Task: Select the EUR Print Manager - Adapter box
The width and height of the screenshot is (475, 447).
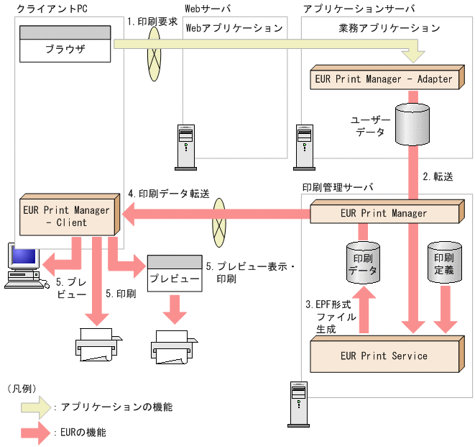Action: coord(384,78)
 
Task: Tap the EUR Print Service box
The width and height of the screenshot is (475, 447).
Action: coord(384,356)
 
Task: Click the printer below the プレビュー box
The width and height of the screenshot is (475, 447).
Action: coord(172,345)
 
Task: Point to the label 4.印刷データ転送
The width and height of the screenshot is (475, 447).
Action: coord(168,194)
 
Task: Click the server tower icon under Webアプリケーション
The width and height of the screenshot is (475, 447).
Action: coord(185,143)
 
